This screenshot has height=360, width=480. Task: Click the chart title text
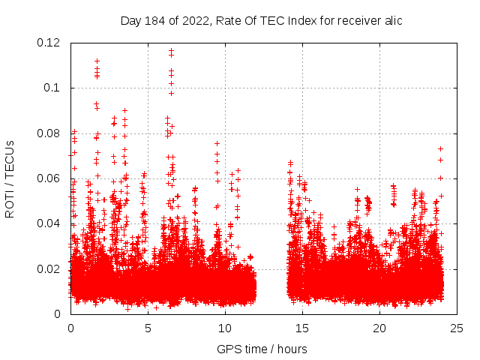261,20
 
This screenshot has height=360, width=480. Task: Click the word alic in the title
391,20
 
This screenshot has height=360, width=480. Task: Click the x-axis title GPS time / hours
262,349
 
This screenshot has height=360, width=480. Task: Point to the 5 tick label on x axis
148,328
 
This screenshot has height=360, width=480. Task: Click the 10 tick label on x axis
225,328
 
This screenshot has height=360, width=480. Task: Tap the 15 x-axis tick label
302,328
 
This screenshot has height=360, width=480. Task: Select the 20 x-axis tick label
379,328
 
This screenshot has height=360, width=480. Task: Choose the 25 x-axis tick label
457,328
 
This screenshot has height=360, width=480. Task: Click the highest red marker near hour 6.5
171,50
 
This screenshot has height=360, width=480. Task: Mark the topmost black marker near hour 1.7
97,61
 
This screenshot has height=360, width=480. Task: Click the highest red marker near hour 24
440,148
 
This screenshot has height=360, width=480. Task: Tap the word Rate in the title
229,20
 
